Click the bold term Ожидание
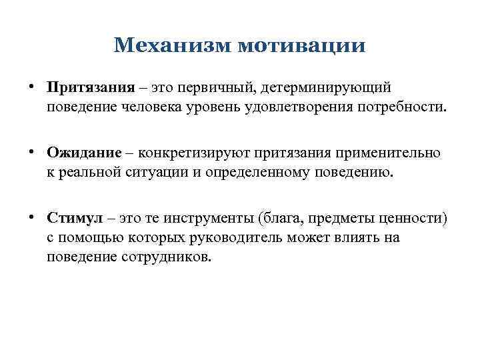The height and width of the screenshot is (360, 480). tap(85, 153)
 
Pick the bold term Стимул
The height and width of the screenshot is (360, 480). tap(75, 218)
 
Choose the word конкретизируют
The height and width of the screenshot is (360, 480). tap(201, 153)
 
